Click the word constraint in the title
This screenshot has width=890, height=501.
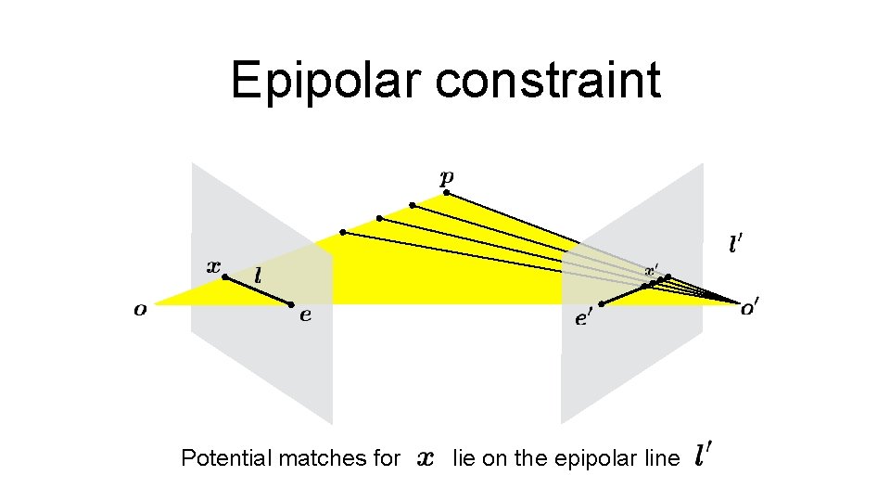[548, 81]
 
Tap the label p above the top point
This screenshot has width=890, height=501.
[447, 176]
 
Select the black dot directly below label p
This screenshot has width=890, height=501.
[446, 193]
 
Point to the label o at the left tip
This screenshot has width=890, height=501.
[140, 310]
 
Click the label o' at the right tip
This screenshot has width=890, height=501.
[748, 310]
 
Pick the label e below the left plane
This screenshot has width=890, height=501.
[305, 316]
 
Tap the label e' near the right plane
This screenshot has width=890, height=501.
[583, 319]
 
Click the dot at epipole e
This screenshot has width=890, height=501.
[291, 304]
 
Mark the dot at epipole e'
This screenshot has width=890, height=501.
[602, 303]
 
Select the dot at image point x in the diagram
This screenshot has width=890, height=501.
[224, 276]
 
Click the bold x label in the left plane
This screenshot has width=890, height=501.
[213, 265]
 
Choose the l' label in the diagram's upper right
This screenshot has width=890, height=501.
[734, 245]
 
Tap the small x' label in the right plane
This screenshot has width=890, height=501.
[653, 270]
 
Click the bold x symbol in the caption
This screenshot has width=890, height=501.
[426, 457]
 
